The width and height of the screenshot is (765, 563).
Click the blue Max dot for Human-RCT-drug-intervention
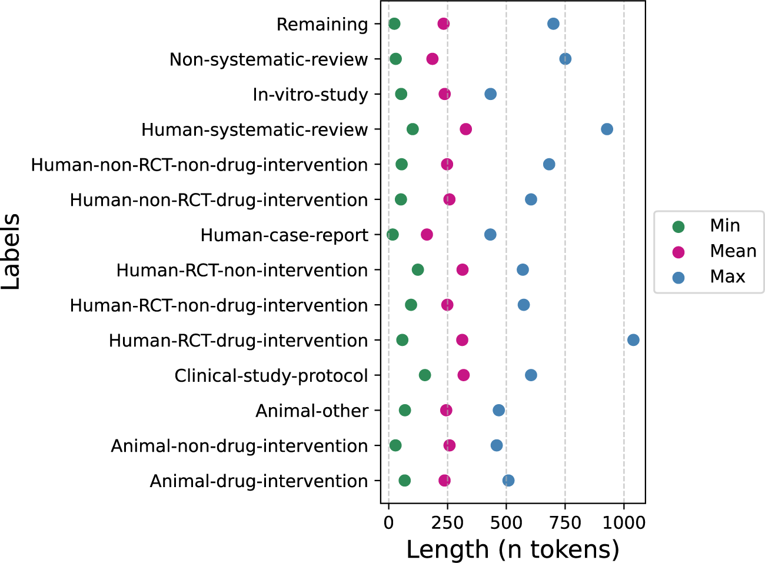(x=633, y=340)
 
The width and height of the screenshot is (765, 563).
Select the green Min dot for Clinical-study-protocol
(x=424, y=375)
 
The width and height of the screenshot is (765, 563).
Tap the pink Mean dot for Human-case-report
(x=427, y=235)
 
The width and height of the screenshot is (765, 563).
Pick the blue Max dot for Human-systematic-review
(x=607, y=129)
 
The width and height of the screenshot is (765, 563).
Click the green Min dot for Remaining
(x=394, y=24)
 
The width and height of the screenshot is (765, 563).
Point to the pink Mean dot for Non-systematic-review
(x=432, y=59)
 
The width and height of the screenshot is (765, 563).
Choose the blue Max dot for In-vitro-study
(x=490, y=94)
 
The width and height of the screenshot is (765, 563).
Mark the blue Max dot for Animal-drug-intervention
(x=508, y=481)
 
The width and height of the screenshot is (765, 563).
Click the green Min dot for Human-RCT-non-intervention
(x=417, y=270)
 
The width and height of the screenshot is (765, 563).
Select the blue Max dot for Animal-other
(x=498, y=410)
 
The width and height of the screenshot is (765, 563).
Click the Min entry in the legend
(x=724, y=226)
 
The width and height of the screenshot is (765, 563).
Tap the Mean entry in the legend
(x=733, y=251)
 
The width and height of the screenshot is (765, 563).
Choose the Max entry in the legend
(x=727, y=276)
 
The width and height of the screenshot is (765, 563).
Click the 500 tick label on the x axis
(x=506, y=522)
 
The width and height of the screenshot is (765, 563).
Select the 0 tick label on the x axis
(x=388, y=522)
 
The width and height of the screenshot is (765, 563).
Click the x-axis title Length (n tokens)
(x=513, y=549)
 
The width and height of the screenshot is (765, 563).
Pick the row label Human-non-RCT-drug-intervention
(x=219, y=200)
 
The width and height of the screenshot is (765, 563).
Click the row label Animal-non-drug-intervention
(x=240, y=446)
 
